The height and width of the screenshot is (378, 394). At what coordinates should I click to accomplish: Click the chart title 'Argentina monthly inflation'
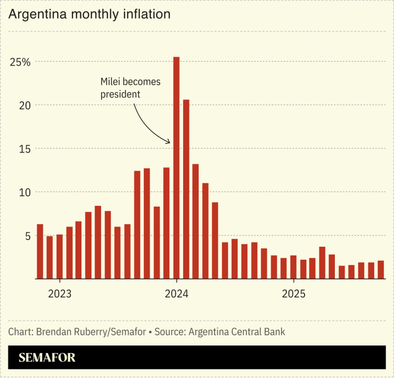89,14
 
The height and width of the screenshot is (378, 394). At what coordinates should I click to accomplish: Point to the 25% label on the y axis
20,62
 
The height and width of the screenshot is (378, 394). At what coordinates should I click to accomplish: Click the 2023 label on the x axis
60,294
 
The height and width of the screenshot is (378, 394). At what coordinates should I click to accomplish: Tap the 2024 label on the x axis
176,294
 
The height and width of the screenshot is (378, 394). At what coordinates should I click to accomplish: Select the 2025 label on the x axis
293,294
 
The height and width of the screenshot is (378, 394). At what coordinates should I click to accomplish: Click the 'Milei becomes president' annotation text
130,88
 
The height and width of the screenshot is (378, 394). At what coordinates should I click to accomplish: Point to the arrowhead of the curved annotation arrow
169,142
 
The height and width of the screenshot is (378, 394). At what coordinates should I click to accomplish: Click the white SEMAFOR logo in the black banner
47,358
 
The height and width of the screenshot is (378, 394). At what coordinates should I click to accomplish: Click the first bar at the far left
40,251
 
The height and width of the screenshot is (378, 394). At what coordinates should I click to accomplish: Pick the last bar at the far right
381,269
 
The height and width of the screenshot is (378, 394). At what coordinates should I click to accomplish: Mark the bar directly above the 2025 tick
293,267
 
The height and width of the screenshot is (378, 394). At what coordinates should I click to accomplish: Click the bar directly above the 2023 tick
60,256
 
